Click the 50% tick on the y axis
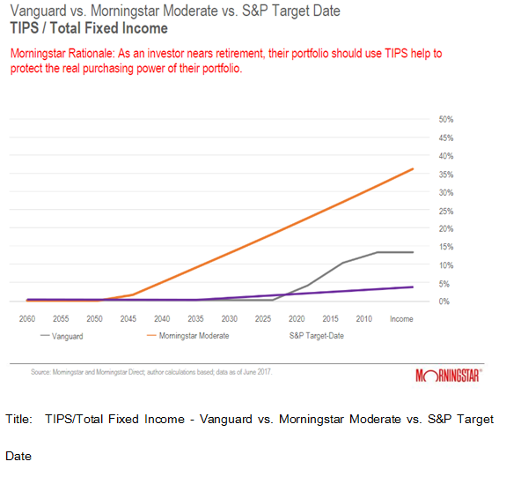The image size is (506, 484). click(x=445, y=119)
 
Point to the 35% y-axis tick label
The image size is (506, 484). click(x=445, y=174)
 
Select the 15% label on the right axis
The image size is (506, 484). click(x=445, y=247)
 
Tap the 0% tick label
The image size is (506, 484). click(x=444, y=302)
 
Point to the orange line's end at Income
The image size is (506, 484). click(x=413, y=169)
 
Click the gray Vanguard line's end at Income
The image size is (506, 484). click(x=413, y=252)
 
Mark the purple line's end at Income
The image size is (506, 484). click(x=413, y=287)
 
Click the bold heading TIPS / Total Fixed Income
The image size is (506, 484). click(x=88, y=28)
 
